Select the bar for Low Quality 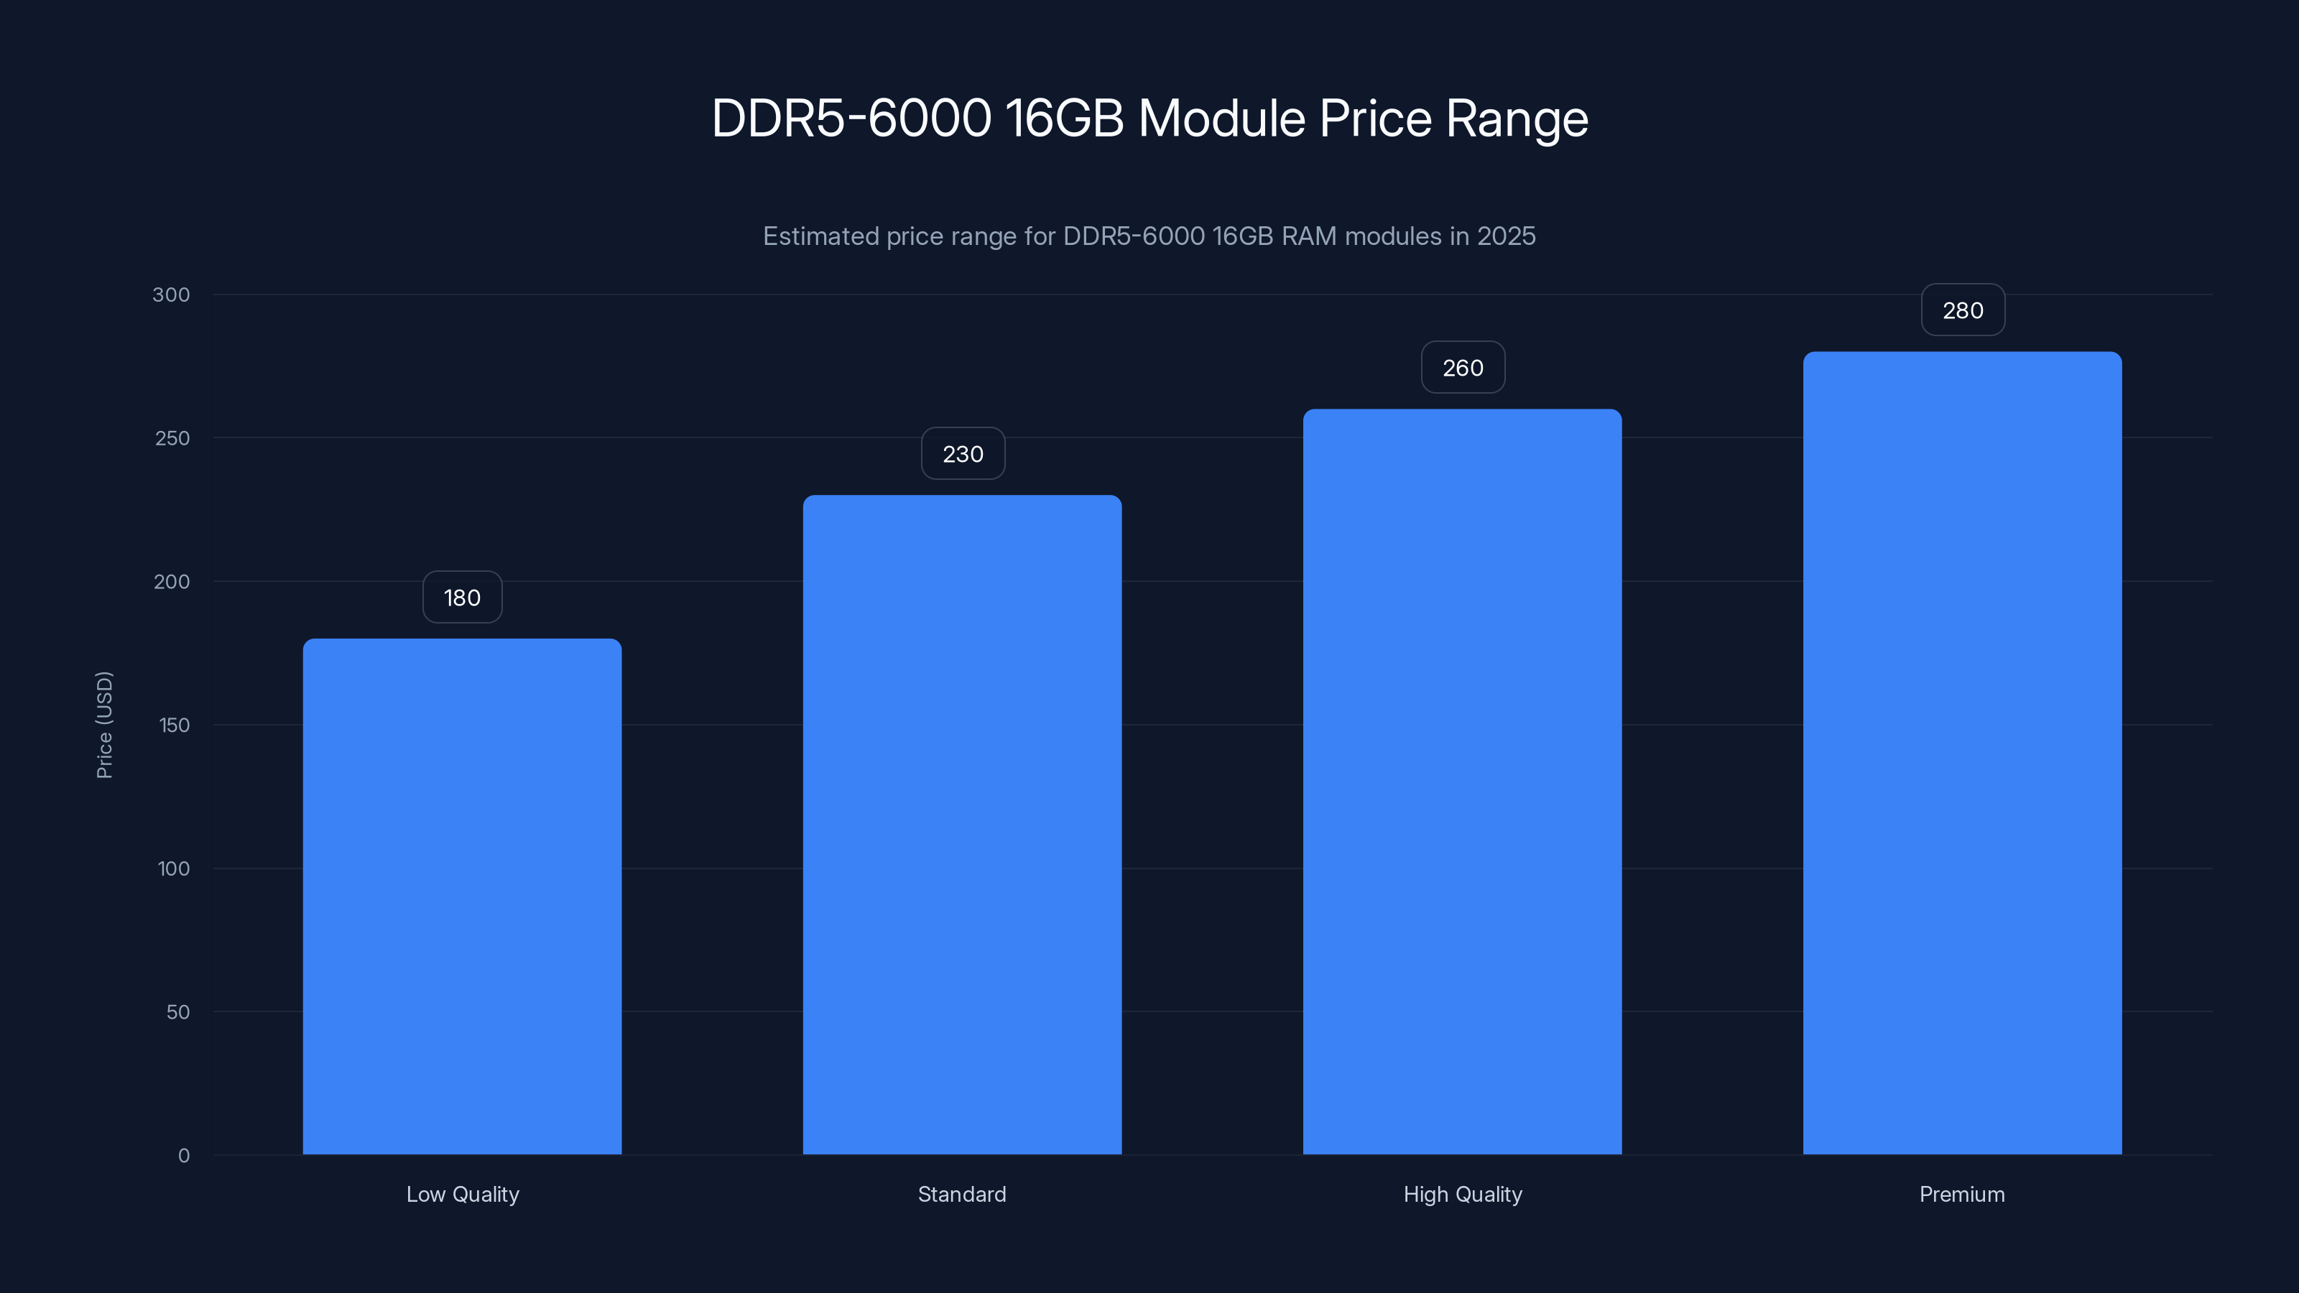(461, 896)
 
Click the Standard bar (962, 825)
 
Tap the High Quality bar (1462, 782)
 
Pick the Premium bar (1961, 753)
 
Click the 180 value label (461, 598)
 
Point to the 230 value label (962, 454)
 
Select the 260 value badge (1462, 368)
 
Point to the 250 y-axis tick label (172, 438)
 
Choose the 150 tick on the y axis (174, 726)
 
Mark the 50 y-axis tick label (177, 1012)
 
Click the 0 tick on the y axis (184, 1156)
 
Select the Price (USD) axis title (104, 725)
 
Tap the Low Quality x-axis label (462, 1194)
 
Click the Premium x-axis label (1961, 1194)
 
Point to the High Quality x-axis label (1462, 1194)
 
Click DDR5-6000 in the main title (851, 119)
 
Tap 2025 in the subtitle (1506, 236)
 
